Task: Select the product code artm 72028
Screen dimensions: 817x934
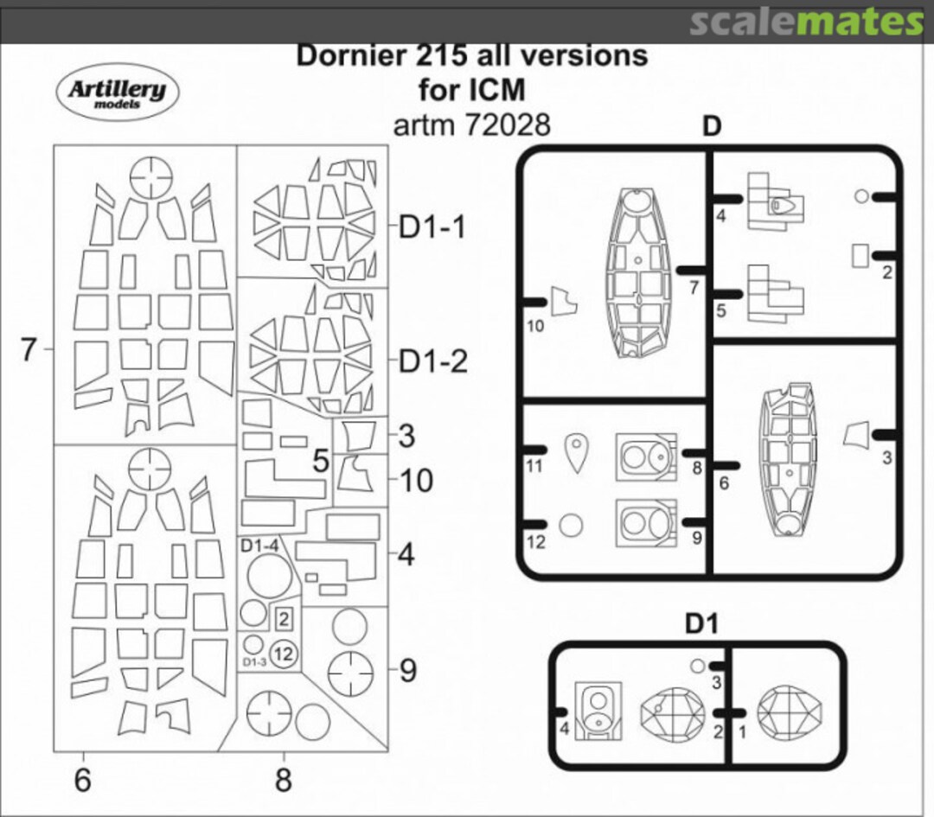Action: pyautogui.click(x=471, y=124)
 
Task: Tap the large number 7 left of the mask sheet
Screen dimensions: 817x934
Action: pyautogui.click(x=29, y=350)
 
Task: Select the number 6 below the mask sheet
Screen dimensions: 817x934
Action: pyautogui.click(x=82, y=780)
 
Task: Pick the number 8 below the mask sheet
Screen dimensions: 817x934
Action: pyautogui.click(x=283, y=780)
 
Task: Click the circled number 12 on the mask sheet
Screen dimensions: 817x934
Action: pyautogui.click(x=282, y=654)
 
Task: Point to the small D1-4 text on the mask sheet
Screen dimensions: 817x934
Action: pyautogui.click(x=259, y=546)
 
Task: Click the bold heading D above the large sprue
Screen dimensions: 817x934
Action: pyautogui.click(x=710, y=126)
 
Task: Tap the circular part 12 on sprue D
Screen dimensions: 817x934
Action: pyautogui.click(x=570, y=525)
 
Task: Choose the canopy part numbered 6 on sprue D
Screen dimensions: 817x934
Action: pyautogui.click(x=788, y=458)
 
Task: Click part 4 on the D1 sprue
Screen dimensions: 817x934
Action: pyautogui.click(x=596, y=711)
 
